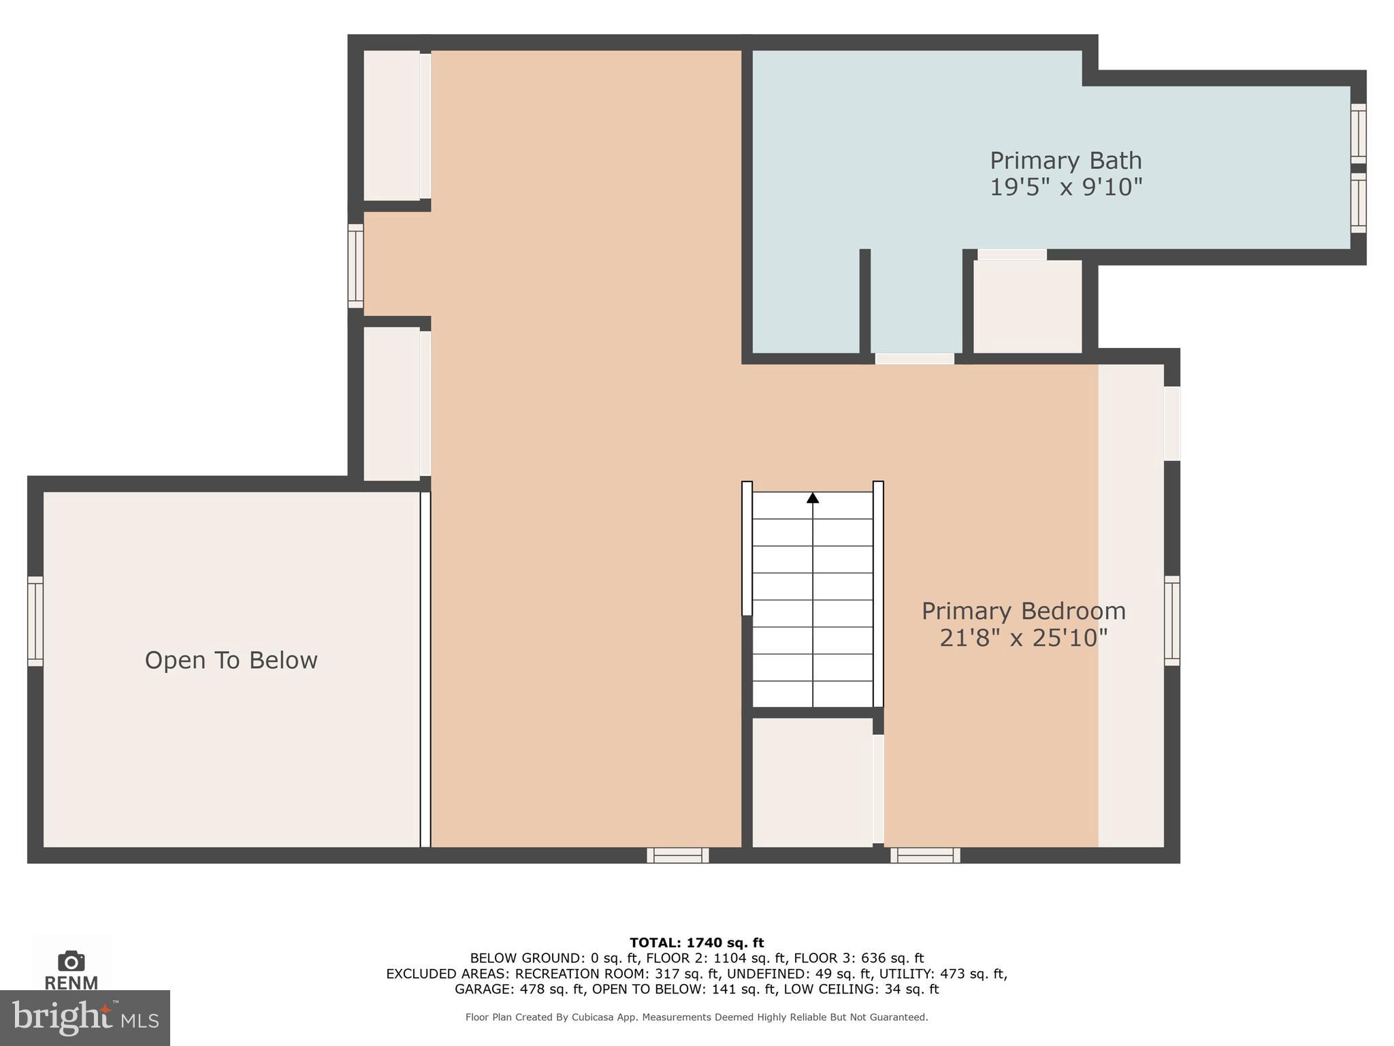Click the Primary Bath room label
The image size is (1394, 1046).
1065,161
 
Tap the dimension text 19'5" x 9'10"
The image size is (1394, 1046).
1065,187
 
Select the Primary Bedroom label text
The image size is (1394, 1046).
1023,611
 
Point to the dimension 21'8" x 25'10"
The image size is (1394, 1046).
1023,638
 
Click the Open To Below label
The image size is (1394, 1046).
231,661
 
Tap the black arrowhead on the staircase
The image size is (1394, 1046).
813,498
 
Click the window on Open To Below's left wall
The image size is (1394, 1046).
35,621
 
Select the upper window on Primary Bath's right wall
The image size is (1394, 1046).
1358,133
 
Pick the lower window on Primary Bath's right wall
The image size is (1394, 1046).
1358,202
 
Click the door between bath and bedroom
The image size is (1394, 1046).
914,358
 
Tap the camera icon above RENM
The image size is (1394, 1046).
71,961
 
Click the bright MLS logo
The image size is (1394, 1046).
85,1017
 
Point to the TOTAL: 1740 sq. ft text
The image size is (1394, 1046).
696,942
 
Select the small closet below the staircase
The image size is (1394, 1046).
812,782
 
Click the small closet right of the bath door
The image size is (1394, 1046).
1027,306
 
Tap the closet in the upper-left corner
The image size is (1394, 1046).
391,125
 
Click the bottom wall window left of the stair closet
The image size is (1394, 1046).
677,855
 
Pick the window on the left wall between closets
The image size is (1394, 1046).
355,266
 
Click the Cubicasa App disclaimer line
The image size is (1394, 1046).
696,1017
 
